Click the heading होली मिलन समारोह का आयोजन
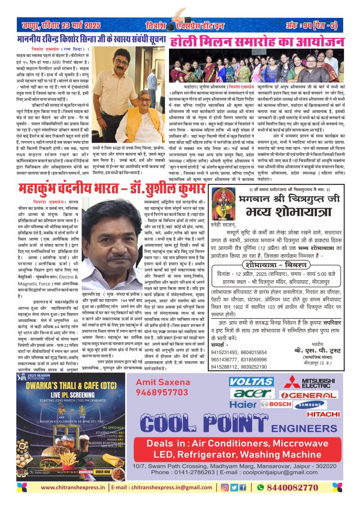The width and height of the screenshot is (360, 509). click(257, 41)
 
